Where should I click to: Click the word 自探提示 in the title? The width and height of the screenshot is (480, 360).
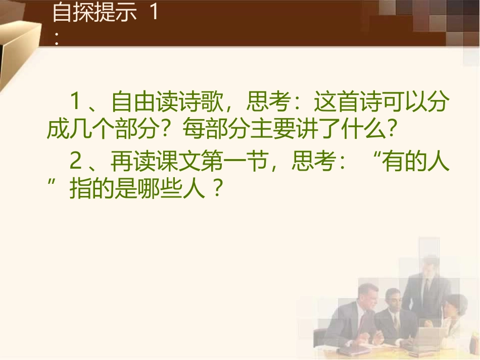pos(94,14)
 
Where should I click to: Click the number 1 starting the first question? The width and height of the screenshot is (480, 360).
pos(76,104)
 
